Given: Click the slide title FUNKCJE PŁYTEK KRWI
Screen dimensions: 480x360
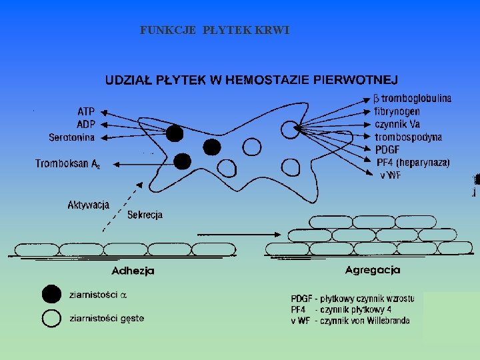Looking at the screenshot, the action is tap(215, 31).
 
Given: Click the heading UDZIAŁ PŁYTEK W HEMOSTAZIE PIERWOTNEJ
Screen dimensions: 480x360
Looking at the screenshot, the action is tap(251, 81).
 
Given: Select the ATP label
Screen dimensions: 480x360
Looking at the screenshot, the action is tap(86, 111).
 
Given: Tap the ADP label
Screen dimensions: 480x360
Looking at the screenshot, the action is tap(86, 124).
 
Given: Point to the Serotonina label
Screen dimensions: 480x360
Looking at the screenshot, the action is tap(72, 137).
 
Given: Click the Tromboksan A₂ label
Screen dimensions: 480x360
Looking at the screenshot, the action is tap(67, 163).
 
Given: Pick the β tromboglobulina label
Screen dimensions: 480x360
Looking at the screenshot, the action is tap(411, 99).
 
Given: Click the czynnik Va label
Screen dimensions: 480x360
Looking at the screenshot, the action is tap(397, 124).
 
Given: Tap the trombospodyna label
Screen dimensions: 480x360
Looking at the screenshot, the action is tap(408, 137).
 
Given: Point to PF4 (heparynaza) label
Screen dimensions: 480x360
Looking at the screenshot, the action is tap(413, 162).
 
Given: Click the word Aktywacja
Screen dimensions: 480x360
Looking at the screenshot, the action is tap(89, 205).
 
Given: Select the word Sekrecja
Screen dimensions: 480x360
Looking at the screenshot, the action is tap(145, 215).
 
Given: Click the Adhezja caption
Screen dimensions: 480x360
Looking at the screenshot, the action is tap(133, 271).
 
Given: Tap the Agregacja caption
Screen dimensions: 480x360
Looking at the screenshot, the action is tap(373, 270).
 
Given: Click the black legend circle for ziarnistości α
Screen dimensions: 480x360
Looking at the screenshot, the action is tap(51, 295).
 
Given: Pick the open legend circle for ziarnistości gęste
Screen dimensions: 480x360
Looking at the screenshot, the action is tap(51, 319).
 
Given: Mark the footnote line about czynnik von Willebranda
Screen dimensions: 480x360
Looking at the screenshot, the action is tap(350, 321).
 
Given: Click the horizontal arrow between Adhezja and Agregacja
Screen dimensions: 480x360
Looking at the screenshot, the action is tap(238, 235).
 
